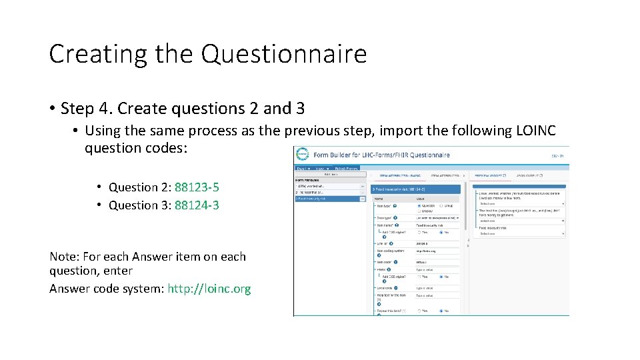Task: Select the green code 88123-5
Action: [x=197, y=187]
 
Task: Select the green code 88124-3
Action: [x=197, y=205]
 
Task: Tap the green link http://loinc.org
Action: [x=209, y=289]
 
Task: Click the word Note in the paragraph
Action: [x=63, y=257]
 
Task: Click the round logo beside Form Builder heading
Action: [x=303, y=155]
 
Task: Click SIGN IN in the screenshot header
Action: [x=557, y=155]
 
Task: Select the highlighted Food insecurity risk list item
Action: [x=327, y=199]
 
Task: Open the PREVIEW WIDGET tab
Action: [x=490, y=176]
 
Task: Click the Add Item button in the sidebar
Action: [x=329, y=175]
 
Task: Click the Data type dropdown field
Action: [x=437, y=217]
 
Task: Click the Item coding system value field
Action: [x=437, y=251]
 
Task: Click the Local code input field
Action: [x=437, y=288]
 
